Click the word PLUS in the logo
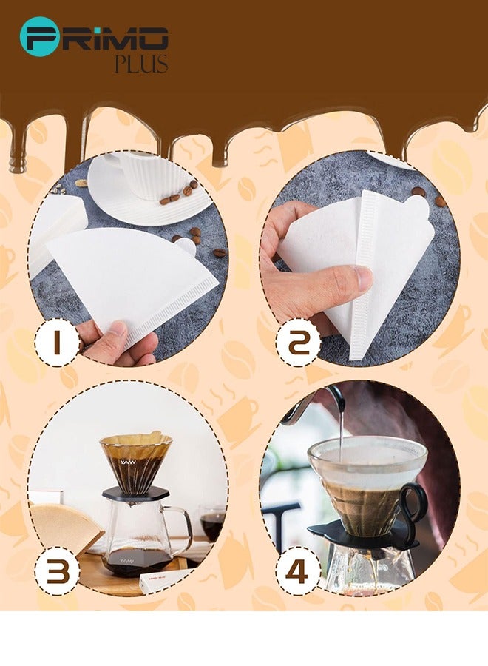tap(141, 64)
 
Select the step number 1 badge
tap(56, 342)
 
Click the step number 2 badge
tap(298, 342)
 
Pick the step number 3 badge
tap(57, 571)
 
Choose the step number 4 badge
tap(297, 571)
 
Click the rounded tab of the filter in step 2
tap(418, 206)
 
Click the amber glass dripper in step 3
tap(136, 461)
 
